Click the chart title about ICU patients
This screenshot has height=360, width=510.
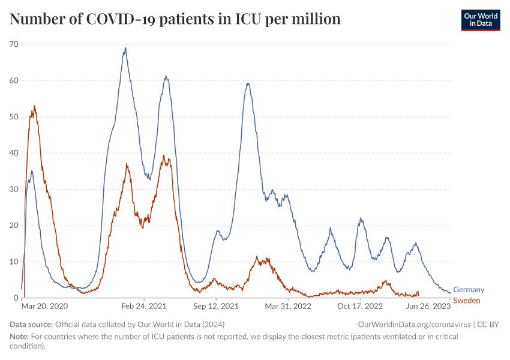(175, 19)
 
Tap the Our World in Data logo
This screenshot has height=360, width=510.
(480, 20)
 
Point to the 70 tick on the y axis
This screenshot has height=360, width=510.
(14, 44)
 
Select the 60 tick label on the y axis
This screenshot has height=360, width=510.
(14, 80)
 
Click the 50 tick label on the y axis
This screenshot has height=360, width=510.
(14, 116)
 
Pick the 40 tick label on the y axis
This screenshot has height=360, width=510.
(14, 153)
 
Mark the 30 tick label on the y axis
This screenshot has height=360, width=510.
(14, 189)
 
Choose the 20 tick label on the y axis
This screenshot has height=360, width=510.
(14, 226)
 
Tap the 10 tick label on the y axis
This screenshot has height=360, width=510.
(14, 262)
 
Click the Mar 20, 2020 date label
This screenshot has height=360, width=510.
(45, 306)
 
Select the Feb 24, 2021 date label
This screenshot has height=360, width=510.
(145, 306)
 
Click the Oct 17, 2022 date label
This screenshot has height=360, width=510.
(360, 306)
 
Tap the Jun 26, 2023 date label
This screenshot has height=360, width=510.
(429, 306)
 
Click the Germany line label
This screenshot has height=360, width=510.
(468, 290)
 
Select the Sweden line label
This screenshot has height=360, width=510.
(466, 300)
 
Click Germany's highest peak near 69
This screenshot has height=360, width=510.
(125, 48)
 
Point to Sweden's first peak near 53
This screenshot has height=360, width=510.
(34, 106)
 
